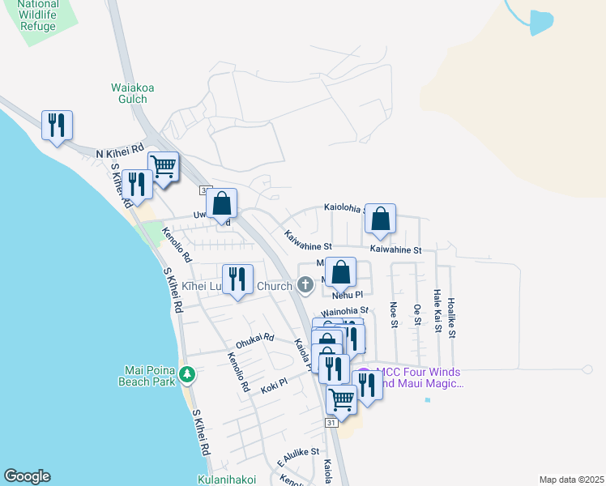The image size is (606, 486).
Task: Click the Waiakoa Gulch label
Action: pos(130,93)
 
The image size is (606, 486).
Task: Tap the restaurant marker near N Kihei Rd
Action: pos(57,126)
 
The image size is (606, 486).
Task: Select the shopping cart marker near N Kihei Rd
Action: pos(164,167)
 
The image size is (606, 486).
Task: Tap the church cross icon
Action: pos(305,284)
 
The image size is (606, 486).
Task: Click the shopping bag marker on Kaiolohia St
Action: pos(380,219)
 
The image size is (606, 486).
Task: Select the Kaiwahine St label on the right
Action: pos(396,250)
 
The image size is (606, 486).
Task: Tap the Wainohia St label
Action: pos(345,310)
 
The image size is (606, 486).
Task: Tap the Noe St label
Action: pos(394,314)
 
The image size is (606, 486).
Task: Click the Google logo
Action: pos(27,476)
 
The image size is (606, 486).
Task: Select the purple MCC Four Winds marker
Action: pos(364,375)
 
